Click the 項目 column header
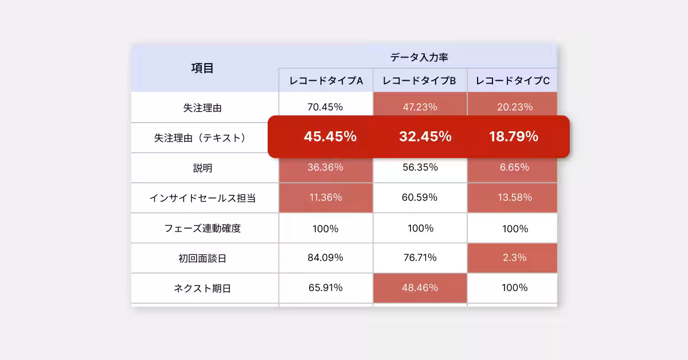202,68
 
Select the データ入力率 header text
419,57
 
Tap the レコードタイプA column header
326,81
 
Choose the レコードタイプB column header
419,81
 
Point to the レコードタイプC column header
513,81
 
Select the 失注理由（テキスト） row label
200,138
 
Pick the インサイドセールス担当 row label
202,198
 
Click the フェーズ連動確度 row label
202,228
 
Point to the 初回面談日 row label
202,259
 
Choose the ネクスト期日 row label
202,288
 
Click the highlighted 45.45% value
330,137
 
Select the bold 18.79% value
514,137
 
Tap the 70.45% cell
325,107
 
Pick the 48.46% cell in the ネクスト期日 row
420,288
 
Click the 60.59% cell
420,198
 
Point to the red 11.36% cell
326,198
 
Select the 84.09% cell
325,258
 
